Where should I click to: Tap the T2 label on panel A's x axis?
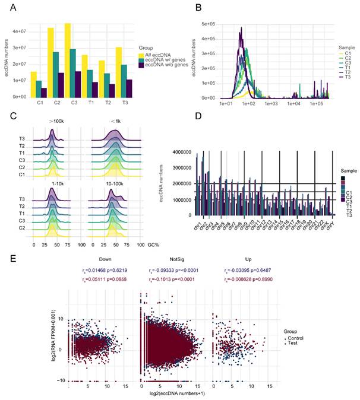coord(102,102)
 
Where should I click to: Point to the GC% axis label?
coord(153,245)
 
